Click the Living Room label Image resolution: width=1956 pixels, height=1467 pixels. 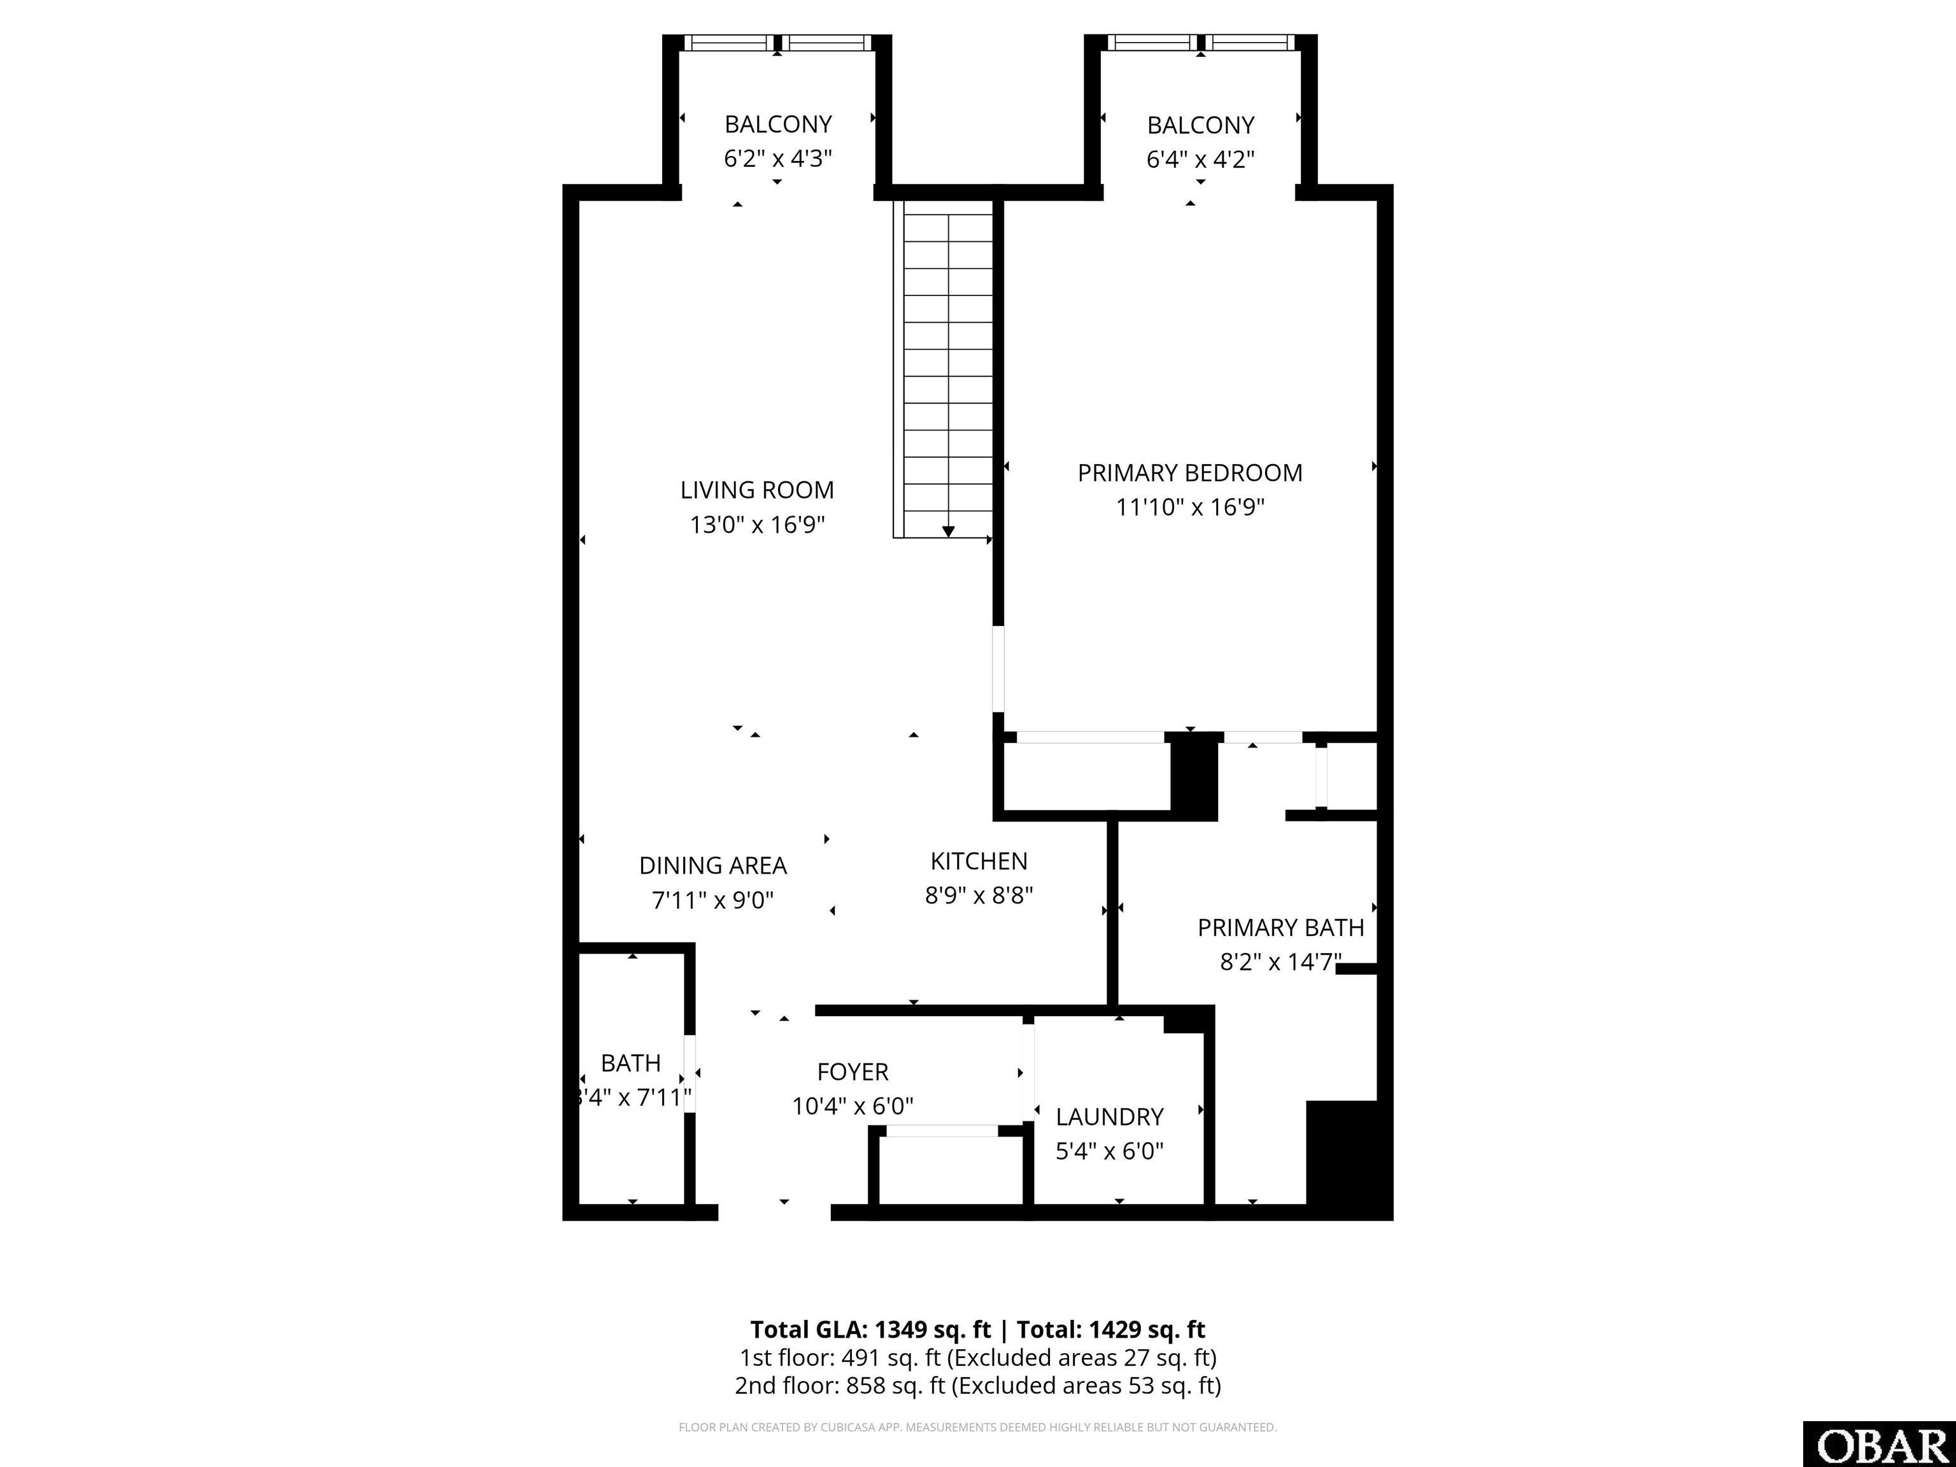(x=757, y=490)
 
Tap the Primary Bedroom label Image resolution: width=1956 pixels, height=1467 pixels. (x=1190, y=473)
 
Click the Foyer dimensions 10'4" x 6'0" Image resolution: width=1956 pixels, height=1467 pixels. (x=853, y=1106)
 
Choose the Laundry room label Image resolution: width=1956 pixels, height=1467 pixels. (x=1110, y=1117)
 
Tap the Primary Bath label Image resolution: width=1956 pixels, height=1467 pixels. (x=1280, y=928)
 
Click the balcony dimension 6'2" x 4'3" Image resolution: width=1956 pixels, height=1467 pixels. (x=778, y=159)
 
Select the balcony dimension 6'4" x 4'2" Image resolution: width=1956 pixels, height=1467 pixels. (x=1201, y=160)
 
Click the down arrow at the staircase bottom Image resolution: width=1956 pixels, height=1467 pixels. (x=948, y=532)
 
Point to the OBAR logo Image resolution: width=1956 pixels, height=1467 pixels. (x=1879, y=1445)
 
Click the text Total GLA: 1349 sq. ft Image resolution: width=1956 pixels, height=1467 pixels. (x=871, y=1330)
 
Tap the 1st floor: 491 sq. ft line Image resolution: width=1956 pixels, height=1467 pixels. (x=978, y=1357)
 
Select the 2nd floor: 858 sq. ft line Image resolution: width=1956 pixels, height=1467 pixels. (x=978, y=1385)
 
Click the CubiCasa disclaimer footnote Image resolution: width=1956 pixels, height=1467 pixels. (x=978, y=1428)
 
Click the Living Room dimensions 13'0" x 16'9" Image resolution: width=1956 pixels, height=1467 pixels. (x=757, y=525)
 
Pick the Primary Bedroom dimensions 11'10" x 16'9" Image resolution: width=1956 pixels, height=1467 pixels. (x=1190, y=507)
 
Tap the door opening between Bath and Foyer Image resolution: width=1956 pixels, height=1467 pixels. (x=690, y=1074)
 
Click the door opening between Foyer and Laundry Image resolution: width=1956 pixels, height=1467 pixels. (x=1028, y=1072)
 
